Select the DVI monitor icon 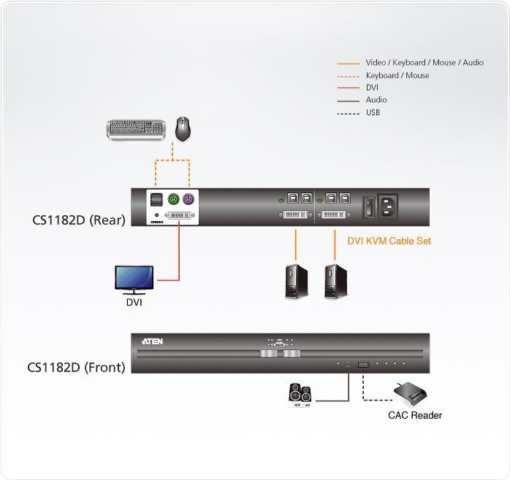point(134,279)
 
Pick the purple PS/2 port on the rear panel point(189,198)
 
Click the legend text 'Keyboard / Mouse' point(397,75)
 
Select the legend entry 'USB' point(373,112)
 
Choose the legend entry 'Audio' point(376,100)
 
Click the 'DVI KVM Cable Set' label point(389,241)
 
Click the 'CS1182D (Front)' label point(76,367)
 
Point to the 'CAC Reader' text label point(414,416)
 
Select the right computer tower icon point(337,281)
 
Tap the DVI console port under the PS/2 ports point(176,217)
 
